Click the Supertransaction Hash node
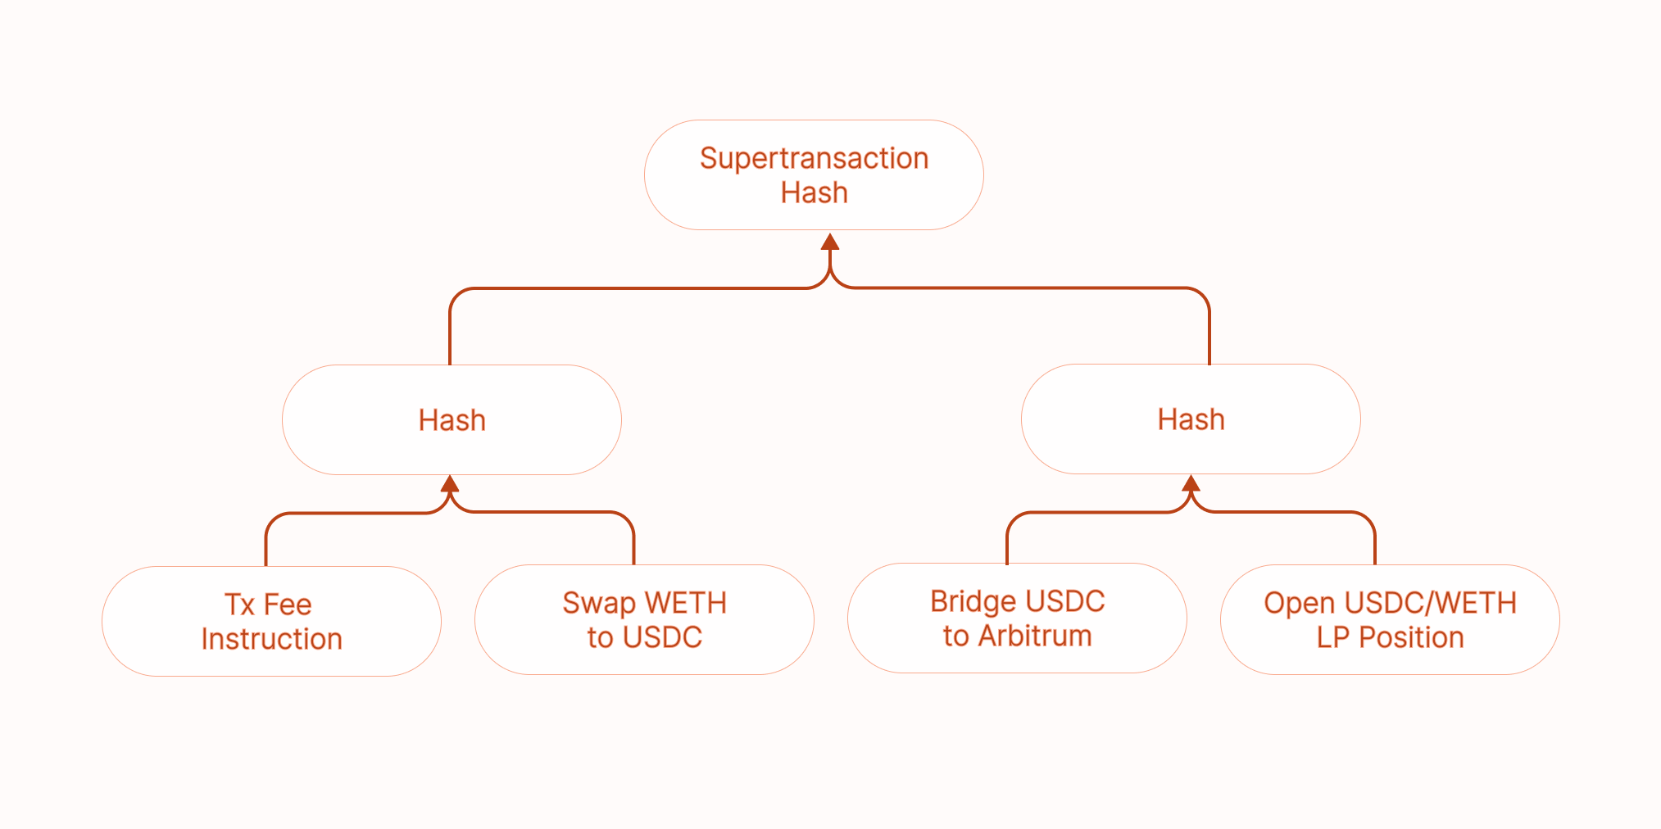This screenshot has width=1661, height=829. click(x=814, y=174)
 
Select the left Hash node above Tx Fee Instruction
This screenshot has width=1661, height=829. click(x=452, y=419)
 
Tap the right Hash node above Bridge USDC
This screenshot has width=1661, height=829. click(x=1191, y=419)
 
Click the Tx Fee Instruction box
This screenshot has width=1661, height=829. click(x=271, y=621)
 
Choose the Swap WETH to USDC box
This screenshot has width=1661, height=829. click(x=644, y=619)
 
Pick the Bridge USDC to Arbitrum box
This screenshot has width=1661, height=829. click(x=1017, y=618)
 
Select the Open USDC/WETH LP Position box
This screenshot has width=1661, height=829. click(x=1390, y=619)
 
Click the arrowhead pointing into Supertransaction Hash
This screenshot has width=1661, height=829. click(x=830, y=242)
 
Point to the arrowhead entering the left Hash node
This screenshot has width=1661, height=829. click(x=450, y=483)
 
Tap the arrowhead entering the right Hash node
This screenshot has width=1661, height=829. click(x=1191, y=482)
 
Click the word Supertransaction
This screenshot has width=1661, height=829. click(x=814, y=158)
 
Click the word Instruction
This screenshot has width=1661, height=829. click(x=271, y=639)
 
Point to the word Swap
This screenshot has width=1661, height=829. click(x=598, y=604)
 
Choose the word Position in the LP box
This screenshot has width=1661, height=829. click(x=1411, y=637)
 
